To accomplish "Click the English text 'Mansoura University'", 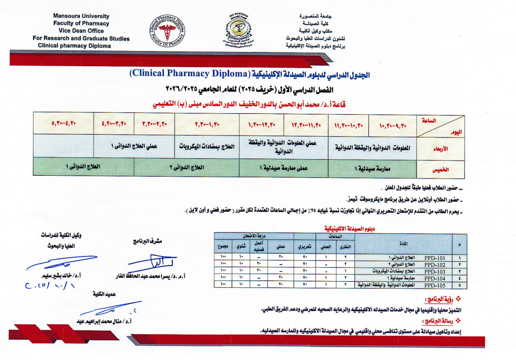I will [81, 16].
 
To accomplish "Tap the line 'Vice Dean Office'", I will [81, 31].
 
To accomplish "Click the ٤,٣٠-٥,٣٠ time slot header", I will [64, 124].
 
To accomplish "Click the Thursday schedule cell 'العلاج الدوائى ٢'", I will [186, 167].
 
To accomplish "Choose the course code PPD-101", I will [435, 257].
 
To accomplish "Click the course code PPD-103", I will [435, 271].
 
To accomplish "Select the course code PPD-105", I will [435, 285].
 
